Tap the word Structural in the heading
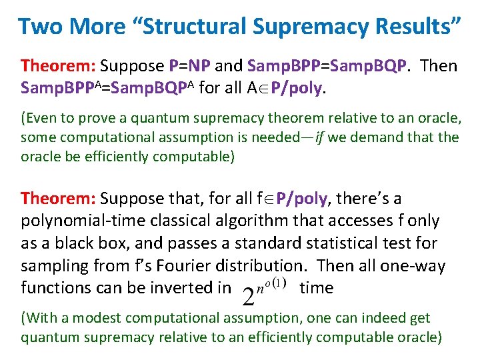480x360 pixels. tap(189, 26)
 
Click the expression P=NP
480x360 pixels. tap(190, 66)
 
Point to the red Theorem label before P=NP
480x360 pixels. tap(59, 66)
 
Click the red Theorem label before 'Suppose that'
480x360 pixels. tap(59, 198)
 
